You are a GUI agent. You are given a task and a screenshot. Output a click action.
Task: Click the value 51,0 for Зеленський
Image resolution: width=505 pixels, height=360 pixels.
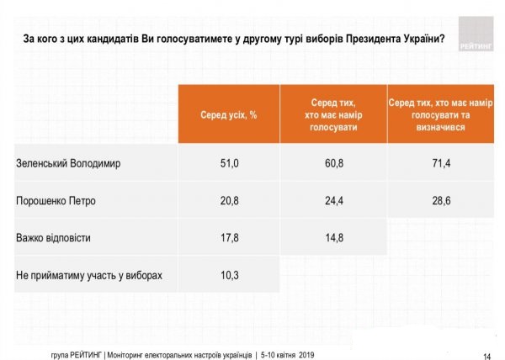click(228, 163)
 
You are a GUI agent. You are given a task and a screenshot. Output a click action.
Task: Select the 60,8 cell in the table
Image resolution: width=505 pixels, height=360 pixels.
click(332, 163)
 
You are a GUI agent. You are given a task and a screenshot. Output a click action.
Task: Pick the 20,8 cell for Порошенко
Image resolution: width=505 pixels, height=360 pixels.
click(228, 201)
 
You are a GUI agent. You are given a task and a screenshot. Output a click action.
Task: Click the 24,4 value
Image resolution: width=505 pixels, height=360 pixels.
click(332, 201)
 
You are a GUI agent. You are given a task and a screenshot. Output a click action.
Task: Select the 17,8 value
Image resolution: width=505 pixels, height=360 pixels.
click(228, 238)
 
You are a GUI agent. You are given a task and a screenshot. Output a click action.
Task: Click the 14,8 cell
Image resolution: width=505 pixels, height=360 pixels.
click(332, 238)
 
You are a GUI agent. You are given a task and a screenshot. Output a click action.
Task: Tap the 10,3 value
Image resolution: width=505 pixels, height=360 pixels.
click(228, 275)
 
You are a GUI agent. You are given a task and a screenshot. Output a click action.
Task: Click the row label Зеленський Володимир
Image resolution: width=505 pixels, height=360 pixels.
click(69, 163)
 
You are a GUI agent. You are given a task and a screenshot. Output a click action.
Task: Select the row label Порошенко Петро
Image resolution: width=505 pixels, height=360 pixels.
click(56, 201)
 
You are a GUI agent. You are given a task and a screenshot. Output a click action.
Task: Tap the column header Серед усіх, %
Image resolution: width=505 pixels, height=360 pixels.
click(228, 114)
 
